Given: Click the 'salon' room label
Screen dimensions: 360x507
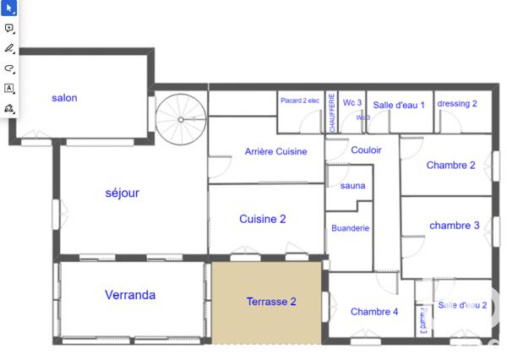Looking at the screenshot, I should [x=64, y=98].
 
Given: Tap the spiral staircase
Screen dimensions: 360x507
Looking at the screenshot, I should [x=180, y=118].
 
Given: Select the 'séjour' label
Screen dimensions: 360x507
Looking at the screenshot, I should [x=122, y=193].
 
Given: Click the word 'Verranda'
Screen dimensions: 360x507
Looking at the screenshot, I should [x=130, y=295].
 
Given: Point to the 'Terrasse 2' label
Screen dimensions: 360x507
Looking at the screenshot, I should [x=270, y=302].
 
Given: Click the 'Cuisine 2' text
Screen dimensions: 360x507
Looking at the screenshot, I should [x=262, y=219].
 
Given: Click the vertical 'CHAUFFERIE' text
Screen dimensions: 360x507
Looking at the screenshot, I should [x=331, y=113].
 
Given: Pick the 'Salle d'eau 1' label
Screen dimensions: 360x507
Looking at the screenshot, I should [x=399, y=104].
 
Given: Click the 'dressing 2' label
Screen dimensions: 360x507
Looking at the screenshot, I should [x=457, y=104].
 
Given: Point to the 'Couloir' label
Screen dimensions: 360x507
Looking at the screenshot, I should [x=365, y=150].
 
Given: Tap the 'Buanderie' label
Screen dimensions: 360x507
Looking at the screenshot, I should [x=350, y=228].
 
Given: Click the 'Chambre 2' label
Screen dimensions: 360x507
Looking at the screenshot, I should [x=450, y=165].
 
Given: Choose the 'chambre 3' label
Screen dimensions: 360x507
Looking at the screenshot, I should [x=455, y=225].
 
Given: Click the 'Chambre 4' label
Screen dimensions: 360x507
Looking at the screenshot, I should [x=373, y=312].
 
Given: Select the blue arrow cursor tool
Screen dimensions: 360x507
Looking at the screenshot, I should [x=9, y=8].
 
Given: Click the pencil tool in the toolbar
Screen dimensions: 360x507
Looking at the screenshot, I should [x=9, y=48].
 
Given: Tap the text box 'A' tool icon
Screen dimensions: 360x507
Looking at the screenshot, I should [x=9, y=88].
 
